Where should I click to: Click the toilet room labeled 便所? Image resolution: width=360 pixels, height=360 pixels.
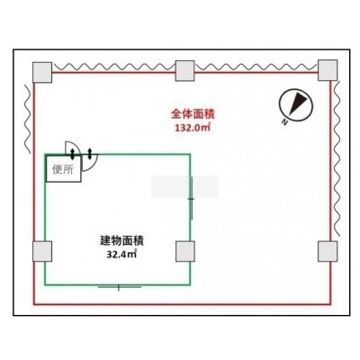[x=63, y=168]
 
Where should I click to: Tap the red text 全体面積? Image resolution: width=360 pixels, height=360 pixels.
[x=193, y=114]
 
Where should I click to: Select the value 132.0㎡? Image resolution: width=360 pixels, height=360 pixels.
[x=193, y=128]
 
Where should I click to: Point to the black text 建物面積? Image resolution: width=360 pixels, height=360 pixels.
[x=121, y=240]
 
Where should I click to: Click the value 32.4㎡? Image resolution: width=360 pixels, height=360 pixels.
[x=121, y=254]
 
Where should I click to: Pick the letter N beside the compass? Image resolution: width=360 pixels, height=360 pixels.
[x=284, y=121]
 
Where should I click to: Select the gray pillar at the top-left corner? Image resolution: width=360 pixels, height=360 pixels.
[x=42, y=72]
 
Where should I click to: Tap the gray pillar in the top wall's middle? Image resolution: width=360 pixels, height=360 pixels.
[x=184, y=71]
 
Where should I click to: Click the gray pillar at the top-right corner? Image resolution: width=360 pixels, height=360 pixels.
[x=328, y=70]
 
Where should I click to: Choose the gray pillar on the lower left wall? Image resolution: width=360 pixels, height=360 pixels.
[x=42, y=251]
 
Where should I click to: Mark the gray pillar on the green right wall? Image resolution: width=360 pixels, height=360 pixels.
[x=185, y=251]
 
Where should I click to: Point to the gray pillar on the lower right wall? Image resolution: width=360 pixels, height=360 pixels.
[x=328, y=251]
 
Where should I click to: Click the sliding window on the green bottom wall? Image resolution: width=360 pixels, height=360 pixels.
[x=120, y=287]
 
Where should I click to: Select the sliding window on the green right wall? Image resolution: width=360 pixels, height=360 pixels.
[x=191, y=198]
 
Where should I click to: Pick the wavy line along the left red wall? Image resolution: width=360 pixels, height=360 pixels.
[x=27, y=119]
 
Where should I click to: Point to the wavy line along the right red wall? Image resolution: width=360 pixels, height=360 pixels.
[x=337, y=158]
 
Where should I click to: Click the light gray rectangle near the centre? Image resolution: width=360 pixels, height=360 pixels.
[x=184, y=187]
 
